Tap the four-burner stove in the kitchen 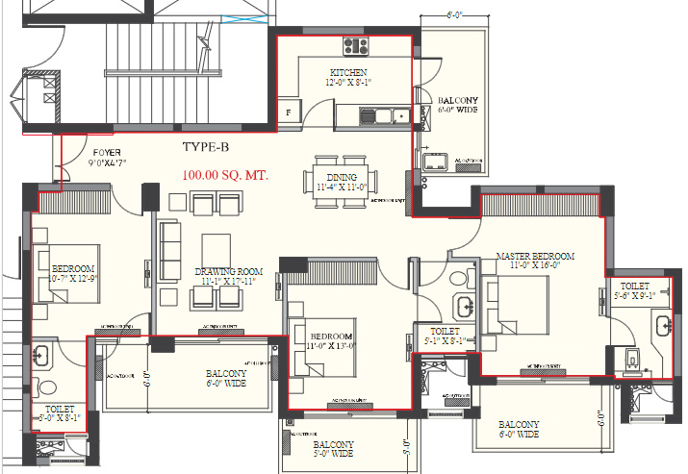click(x=352, y=44)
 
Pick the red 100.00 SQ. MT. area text click(x=224, y=176)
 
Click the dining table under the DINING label click(x=342, y=179)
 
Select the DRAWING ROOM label click(x=228, y=271)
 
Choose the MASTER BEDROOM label click(x=535, y=257)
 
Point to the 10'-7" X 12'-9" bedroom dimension click(x=73, y=278)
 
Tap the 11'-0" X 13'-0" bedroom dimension click(x=330, y=345)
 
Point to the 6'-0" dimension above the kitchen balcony click(x=455, y=15)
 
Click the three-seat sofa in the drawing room click(x=168, y=250)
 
